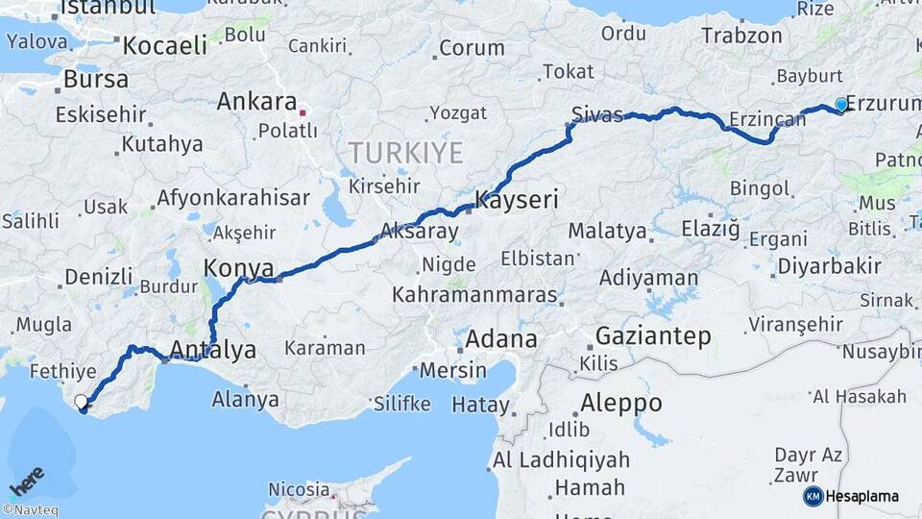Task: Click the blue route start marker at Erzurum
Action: [x=841, y=105]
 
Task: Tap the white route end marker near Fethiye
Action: [x=82, y=402]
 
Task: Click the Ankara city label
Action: [x=255, y=102]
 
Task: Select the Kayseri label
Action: [x=517, y=200]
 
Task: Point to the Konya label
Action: [x=239, y=268]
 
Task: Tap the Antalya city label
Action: [x=212, y=350]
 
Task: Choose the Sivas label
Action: [x=596, y=113]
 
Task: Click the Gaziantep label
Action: [x=653, y=336]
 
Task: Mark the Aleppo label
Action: [x=620, y=403]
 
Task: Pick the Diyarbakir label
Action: [x=830, y=266]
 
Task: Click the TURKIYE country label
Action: [x=405, y=153]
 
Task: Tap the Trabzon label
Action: [x=741, y=36]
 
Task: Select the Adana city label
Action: [x=500, y=339]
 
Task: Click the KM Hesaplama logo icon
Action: [x=813, y=496]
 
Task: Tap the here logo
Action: [x=27, y=479]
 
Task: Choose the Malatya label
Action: [x=607, y=231]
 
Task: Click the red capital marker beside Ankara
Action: [x=303, y=112]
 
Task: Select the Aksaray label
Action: [x=419, y=231]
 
